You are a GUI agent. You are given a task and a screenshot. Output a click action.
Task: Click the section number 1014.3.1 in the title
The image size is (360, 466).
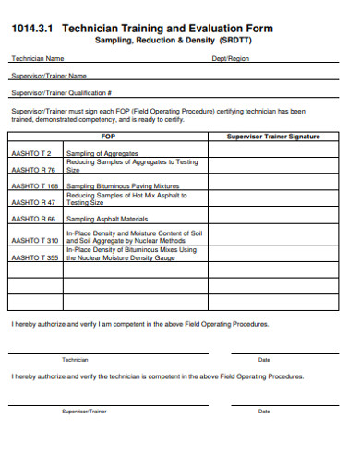(x=33, y=29)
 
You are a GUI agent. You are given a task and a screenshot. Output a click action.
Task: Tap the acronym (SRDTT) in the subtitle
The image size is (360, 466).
(x=233, y=42)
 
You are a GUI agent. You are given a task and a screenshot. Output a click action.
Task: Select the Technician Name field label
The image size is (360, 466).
(x=37, y=58)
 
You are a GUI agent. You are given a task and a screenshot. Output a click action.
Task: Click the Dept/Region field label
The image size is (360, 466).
(x=231, y=58)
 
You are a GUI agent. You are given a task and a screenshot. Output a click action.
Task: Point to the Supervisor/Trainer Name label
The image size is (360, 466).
(x=48, y=76)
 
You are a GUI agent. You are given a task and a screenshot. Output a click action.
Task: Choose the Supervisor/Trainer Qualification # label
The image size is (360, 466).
(x=61, y=93)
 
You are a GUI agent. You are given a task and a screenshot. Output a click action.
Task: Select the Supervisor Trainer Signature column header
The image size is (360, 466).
(x=273, y=137)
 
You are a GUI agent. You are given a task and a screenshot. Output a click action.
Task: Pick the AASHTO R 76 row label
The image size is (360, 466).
(x=33, y=170)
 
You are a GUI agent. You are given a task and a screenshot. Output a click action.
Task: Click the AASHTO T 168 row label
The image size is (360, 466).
(x=34, y=185)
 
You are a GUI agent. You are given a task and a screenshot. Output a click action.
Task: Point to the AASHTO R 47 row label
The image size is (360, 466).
(x=33, y=201)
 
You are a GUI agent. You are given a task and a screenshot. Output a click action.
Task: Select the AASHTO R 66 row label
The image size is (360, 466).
(x=33, y=220)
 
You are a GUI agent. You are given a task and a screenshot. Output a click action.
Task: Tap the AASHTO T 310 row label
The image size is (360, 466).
(x=34, y=240)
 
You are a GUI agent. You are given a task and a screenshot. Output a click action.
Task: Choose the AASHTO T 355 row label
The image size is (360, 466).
(x=34, y=257)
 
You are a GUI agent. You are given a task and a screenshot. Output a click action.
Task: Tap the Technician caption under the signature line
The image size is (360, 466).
(x=75, y=359)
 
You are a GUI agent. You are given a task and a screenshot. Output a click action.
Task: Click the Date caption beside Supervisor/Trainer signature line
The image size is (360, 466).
(x=264, y=411)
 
